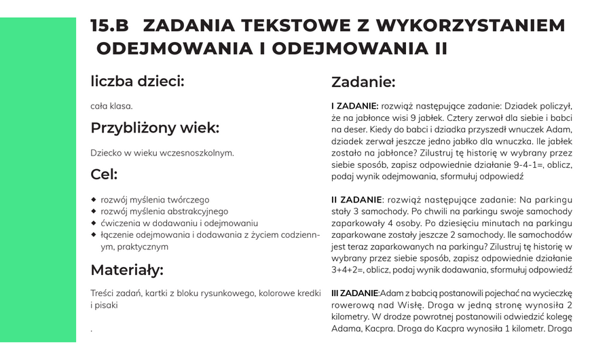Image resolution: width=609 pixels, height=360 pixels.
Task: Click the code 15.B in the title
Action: (x=109, y=26)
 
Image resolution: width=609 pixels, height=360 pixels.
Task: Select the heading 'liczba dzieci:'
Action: (x=137, y=82)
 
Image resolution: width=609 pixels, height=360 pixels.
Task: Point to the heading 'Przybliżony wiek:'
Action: (x=155, y=128)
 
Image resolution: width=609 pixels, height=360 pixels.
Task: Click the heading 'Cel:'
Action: (x=104, y=175)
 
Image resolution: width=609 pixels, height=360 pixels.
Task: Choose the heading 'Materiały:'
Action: (x=127, y=270)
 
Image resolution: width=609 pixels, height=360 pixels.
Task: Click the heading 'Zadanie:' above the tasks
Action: (x=363, y=82)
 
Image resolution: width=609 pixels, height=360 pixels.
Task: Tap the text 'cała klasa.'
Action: (x=111, y=106)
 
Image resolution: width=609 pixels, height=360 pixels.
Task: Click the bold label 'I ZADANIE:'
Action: (x=354, y=106)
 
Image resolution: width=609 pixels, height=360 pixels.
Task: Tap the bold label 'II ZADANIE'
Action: (x=356, y=200)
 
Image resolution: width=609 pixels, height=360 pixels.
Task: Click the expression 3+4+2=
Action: (x=348, y=270)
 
